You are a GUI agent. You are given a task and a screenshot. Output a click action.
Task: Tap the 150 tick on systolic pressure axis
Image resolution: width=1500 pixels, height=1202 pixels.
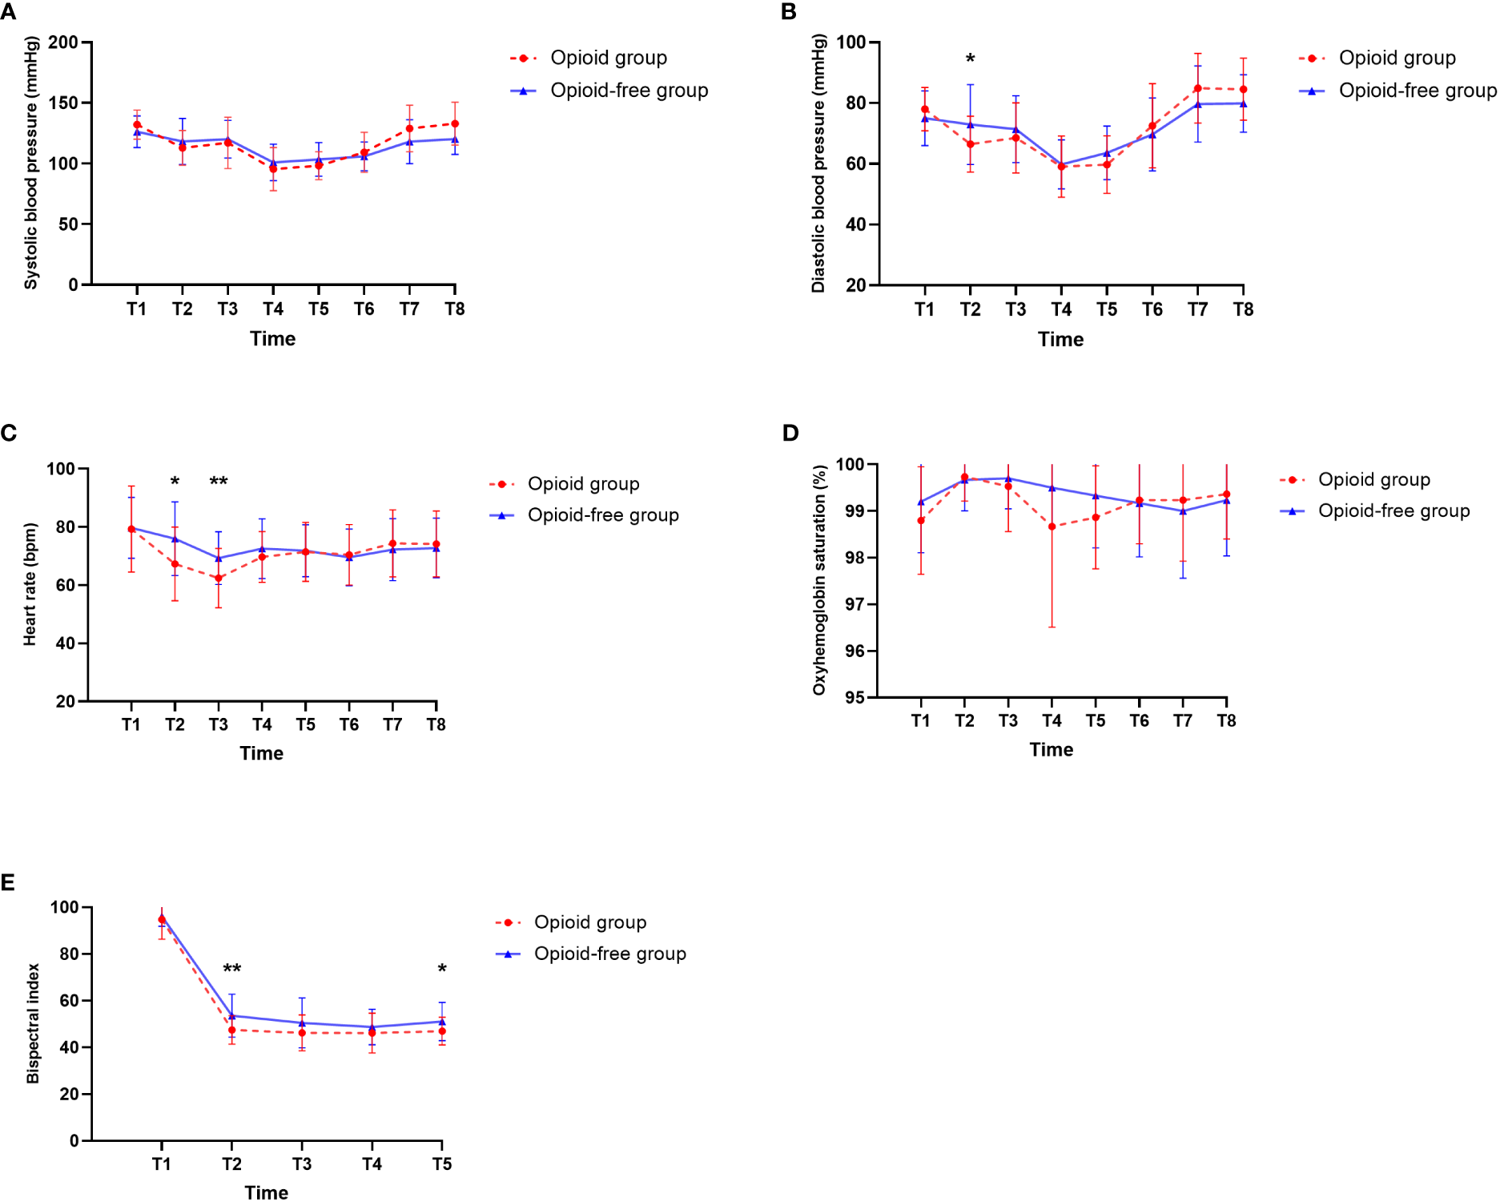(x=63, y=103)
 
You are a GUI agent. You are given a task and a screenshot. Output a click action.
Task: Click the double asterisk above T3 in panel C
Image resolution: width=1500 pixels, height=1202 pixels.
(x=218, y=482)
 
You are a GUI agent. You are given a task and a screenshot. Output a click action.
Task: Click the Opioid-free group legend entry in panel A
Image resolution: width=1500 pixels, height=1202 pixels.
(x=629, y=91)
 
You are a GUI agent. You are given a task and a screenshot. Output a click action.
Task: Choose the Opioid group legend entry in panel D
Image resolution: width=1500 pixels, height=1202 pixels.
(x=1373, y=479)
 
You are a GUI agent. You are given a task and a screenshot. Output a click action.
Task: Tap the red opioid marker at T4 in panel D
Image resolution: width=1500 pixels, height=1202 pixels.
(x=1052, y=526)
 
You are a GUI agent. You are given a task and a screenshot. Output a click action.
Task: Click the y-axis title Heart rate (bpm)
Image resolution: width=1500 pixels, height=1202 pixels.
(x=30, y=583)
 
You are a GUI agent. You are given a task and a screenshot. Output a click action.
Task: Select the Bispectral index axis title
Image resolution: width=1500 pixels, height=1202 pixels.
(x=33, y=1023)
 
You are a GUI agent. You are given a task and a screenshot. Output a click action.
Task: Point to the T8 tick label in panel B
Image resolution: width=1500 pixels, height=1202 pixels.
(x=1242, y=309)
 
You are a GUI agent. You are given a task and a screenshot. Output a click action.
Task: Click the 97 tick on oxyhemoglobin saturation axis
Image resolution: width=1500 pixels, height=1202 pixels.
(x=855, y=604)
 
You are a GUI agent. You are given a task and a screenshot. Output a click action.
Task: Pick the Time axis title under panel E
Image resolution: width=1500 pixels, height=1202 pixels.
(x=266, y=1192)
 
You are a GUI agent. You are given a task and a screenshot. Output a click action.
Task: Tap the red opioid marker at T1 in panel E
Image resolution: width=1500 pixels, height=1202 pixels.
(x=162, y=920)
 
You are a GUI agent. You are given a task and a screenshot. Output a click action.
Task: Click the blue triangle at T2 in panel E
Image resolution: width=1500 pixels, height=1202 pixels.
(x=231, y=1015)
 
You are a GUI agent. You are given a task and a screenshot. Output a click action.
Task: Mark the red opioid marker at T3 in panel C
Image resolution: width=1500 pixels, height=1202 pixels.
(x=218, y=578)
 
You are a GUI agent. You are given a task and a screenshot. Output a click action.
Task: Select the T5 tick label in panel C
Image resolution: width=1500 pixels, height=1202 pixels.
(x=305, y=724)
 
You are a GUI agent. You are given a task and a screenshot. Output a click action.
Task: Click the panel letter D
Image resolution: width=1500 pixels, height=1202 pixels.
(x=790, y=433)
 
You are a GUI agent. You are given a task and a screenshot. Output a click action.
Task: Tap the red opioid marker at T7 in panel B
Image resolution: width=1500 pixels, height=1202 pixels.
(x=1197, y=88)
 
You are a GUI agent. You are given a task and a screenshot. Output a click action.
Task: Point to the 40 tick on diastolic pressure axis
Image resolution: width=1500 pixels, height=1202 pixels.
(x=856, y=224)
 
